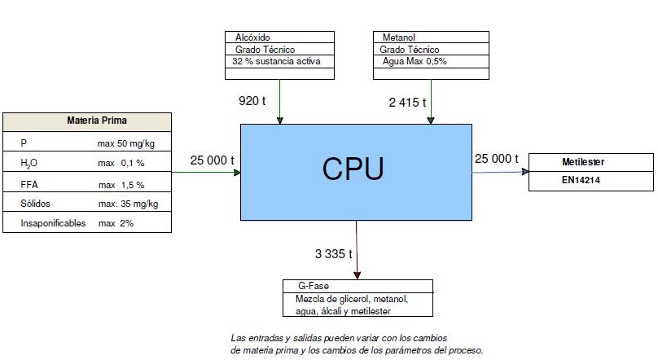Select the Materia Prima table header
point(96,121)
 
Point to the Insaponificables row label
point(53,222)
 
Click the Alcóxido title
point(252,37)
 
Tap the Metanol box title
point(399,37)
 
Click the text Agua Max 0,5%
point(415,61)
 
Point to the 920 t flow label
point(252,102)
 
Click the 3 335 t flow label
point(333,253)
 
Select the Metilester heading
point(583,162)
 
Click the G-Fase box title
point(306,286)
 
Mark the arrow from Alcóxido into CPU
point(279,102)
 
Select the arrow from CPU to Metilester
point(500,171)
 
